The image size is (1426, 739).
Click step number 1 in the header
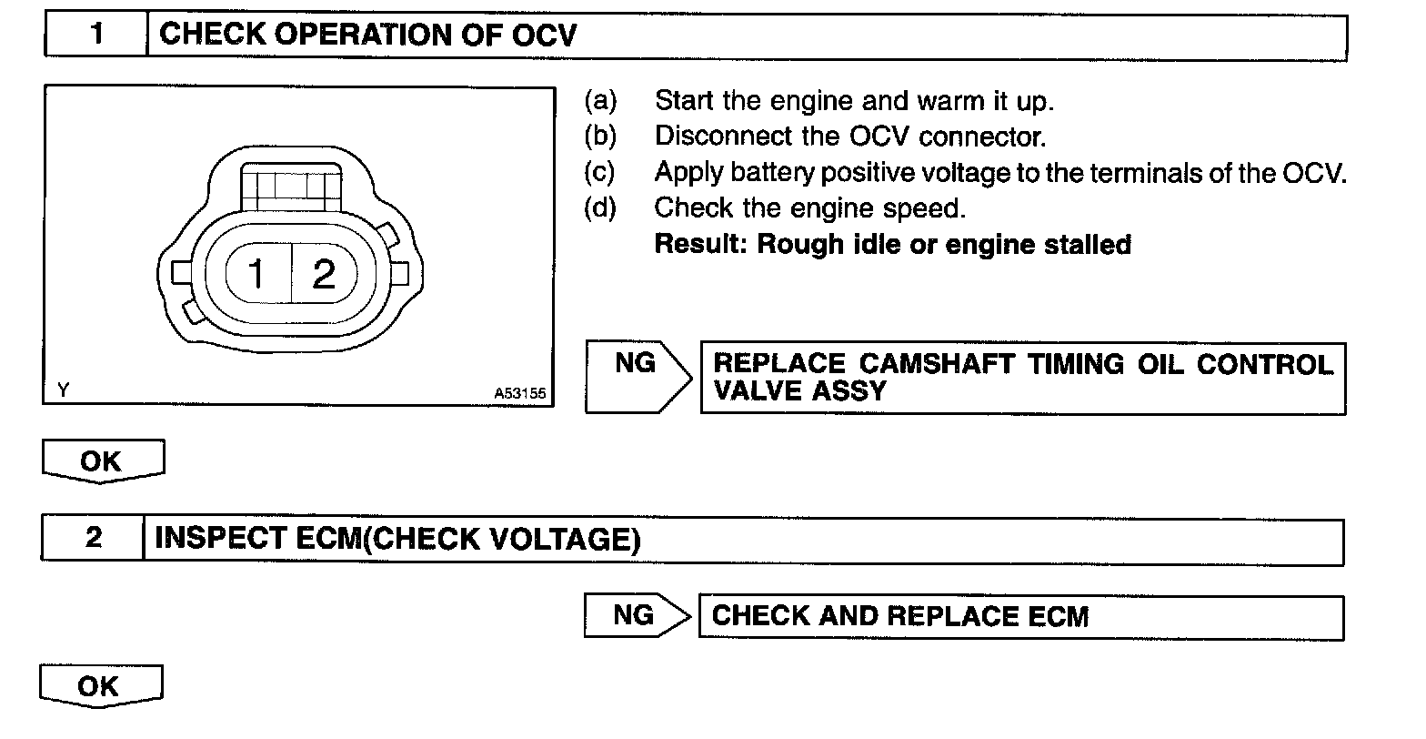point(95,35)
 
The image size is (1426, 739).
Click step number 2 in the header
point(93,538)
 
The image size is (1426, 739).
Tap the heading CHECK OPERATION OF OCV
point(367,35)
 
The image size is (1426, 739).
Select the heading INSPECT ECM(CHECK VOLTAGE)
point(397,539)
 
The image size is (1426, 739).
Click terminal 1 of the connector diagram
point(256,273)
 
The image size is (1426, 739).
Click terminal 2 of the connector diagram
point(324,273)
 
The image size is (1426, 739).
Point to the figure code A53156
point(520,394)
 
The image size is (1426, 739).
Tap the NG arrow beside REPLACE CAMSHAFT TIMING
point(635,364)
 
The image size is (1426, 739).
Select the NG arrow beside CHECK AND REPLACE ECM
point(634,615)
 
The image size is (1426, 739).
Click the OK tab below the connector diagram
point(101,461)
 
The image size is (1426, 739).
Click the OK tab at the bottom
point(99,685)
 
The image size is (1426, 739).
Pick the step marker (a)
point(600,100)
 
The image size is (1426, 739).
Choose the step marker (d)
point(600,208)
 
